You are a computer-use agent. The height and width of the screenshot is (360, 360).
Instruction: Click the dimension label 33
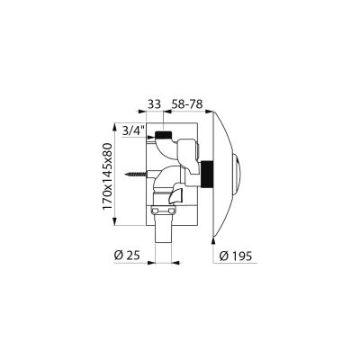[154, 104]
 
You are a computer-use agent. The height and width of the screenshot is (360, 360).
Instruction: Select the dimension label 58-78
[186, 104]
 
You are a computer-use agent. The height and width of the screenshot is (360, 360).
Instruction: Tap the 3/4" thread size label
[134, 130]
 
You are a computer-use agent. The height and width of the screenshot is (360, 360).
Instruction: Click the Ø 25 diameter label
[127, 256]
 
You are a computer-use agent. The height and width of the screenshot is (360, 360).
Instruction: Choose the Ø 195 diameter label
[236, 256]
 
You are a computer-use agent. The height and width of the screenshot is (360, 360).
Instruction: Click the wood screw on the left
[137, 174]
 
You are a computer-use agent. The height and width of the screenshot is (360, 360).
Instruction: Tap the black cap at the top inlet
[163, 135]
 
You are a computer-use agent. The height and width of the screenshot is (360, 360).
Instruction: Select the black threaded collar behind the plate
[207, 175]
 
